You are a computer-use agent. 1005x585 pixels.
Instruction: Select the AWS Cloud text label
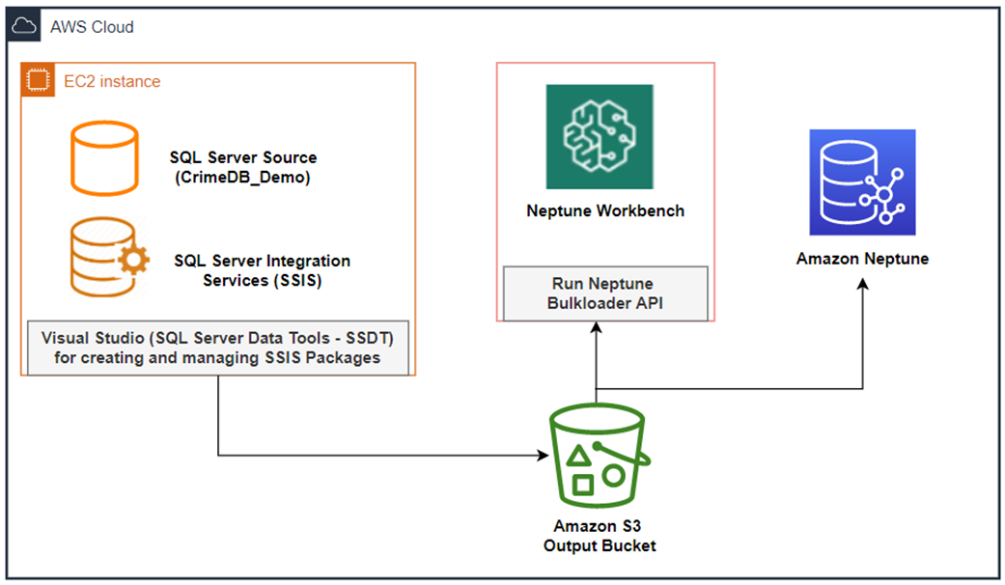click(92, 27)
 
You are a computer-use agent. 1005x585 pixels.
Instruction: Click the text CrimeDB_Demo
click(242, 177)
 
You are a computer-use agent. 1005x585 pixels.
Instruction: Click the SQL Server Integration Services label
click(262, 270)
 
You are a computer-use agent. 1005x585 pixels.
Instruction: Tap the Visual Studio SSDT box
click(218, 348)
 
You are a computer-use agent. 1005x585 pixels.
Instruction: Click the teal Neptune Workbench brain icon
click(600, 136)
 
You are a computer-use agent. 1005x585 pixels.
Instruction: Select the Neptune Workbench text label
click(605, 210)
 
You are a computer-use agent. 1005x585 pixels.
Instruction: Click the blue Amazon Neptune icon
click(862, 182)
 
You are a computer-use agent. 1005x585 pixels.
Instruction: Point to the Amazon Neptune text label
click(862, 259)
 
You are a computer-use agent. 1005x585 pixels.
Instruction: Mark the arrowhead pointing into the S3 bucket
click(542, 455)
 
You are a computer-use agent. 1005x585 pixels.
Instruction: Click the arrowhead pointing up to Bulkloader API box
click(598, 327)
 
